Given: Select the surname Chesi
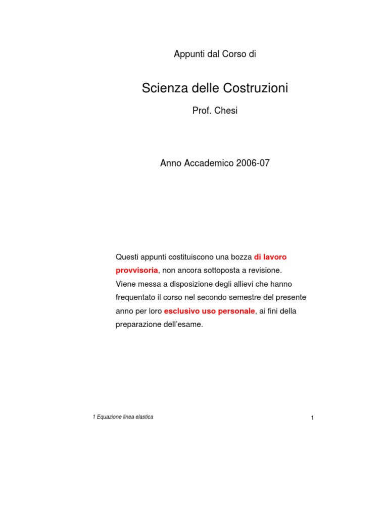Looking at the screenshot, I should [x=226, y=111].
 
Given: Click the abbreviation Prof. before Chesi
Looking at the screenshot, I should [x=202, y=111].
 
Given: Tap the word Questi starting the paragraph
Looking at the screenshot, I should [x=128, y=257].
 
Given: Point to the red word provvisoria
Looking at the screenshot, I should [x=137, y=270].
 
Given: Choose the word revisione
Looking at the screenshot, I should [x=264, y=270].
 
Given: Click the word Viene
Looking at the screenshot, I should [x=126, y=284].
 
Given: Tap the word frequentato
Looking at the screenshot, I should [x=137, y=297].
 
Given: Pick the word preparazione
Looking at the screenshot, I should [x=138, y=325].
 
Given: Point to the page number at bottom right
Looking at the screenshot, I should [x=313, y=418].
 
